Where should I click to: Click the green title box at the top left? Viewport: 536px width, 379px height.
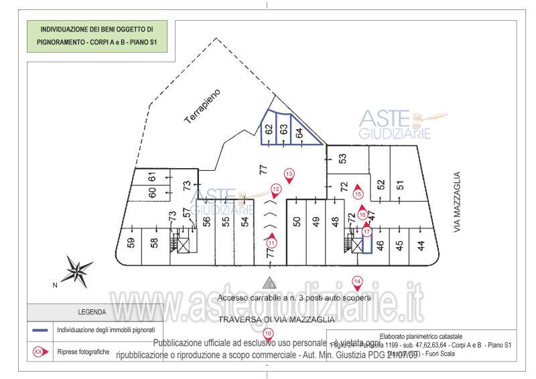coord(97,35)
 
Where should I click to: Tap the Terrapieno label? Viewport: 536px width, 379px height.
coord(203,106)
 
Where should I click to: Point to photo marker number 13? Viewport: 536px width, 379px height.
coord(289,175)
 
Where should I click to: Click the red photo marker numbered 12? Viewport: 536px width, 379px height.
coord(275,190)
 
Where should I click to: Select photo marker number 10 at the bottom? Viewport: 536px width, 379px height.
coord(268,334)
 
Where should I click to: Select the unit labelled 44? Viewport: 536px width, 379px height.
coord(421,246)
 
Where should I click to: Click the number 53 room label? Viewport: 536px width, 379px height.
coord(342,159)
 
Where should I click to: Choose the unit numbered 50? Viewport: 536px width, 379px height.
coord(297,224)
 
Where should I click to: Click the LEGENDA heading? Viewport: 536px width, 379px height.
coord(91,311)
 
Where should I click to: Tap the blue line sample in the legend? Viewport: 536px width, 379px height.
coord(40,330)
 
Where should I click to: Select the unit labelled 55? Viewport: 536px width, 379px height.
coord(226,224)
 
